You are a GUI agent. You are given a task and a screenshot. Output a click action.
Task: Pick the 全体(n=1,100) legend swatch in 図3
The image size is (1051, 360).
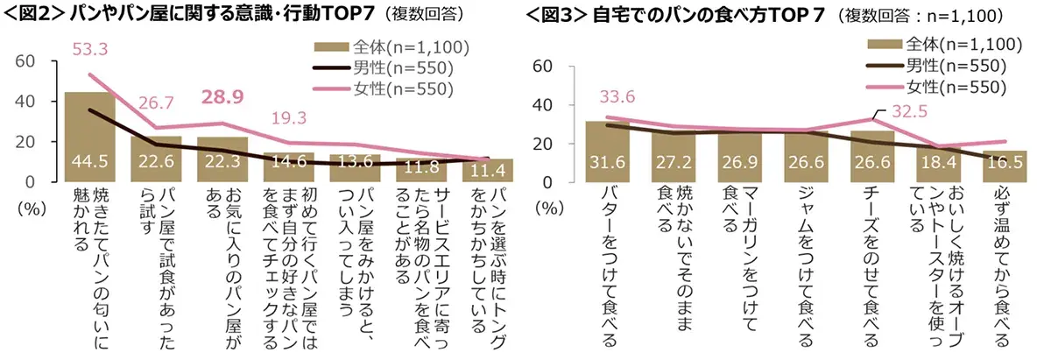point(885,43)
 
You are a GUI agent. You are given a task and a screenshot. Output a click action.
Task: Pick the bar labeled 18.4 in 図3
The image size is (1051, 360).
point(938,164)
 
